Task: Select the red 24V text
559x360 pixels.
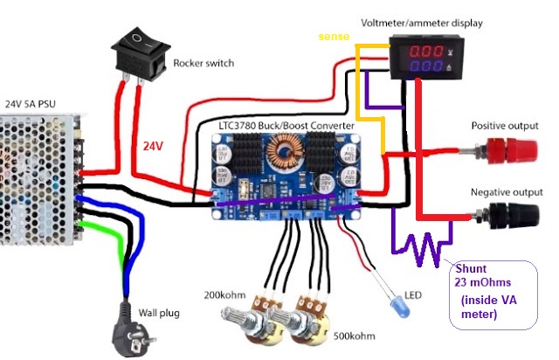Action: click(157, 146)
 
